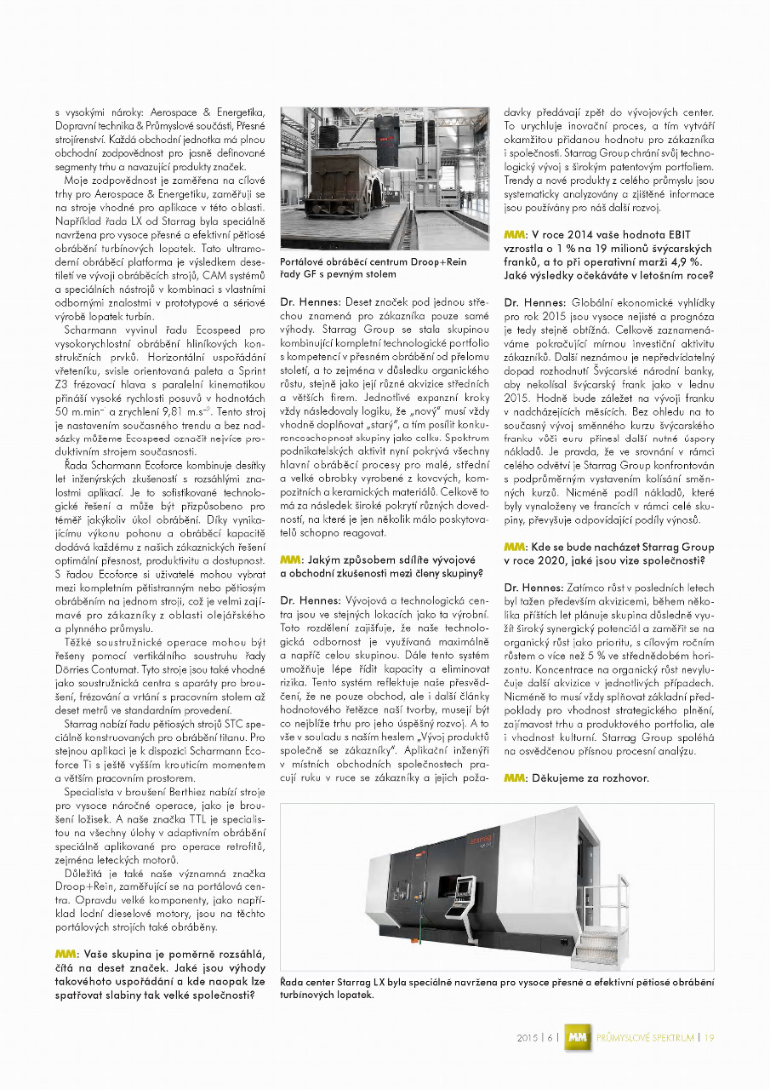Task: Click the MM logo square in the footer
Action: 579,1037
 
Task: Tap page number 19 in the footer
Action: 709,1037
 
